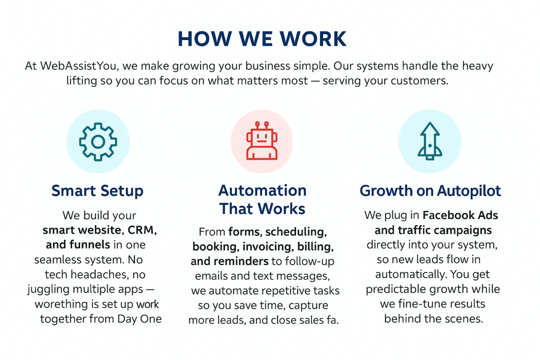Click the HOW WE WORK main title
click(x=262, y=39)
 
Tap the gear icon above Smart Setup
click(x=98, y=142)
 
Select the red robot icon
click(x=261, y=140)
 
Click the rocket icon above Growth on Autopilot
click(x=429, y=140)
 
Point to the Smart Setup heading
click(x=98, y=191)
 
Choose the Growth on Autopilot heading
click(x=430, y=191)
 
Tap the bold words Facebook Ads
click(x=460, y=215)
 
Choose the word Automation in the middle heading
click(x=262, y=191)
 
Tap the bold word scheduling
click(x=295, y=232)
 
